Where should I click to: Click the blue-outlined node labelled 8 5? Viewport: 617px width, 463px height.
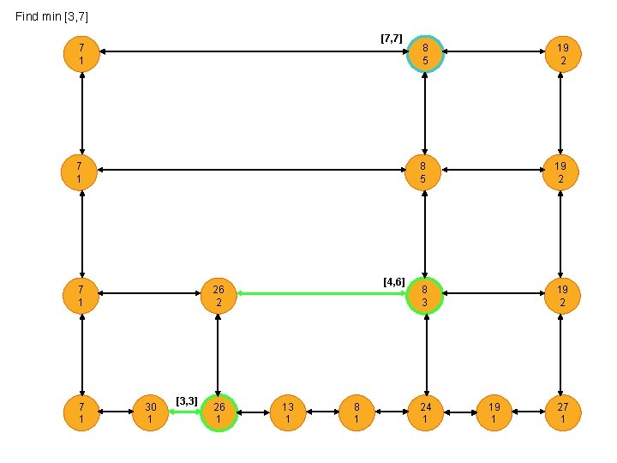(426, 53)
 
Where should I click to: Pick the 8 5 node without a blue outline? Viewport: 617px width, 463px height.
(426, 171)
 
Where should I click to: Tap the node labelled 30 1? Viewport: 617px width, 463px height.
(150, 412)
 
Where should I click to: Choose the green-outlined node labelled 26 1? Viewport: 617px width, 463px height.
(219, 412)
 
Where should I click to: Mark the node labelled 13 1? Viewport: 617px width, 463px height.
(288, 412)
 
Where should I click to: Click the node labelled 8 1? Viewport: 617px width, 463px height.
(356, 412)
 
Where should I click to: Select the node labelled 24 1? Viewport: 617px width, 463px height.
(426, 412)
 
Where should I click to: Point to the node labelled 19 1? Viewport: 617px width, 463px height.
(494, 412)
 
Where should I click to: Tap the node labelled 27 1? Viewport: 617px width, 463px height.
(562, 412)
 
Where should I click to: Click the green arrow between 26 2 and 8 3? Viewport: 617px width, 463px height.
(322, 294)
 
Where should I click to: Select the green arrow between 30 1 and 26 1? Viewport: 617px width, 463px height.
(184, 412)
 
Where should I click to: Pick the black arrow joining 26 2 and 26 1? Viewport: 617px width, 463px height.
(219, 353)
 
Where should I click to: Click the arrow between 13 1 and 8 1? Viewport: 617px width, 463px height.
(322, 412)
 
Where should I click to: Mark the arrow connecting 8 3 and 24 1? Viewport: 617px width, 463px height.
(426, 353)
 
